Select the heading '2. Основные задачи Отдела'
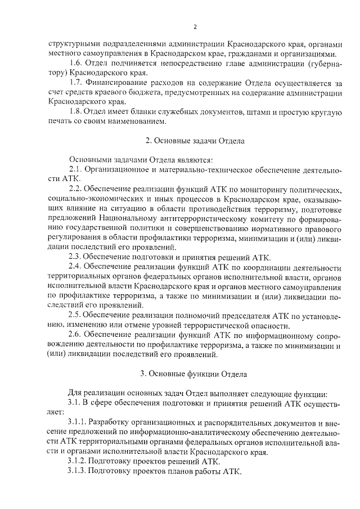[195, 141]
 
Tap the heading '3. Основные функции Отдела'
[195, 373]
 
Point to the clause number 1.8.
[75, 112]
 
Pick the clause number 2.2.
[75, 188]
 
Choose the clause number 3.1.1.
[78, 422]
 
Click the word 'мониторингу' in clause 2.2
[262, 188]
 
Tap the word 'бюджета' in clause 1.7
[156, 93]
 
